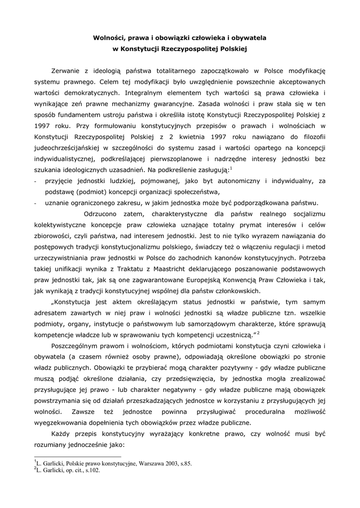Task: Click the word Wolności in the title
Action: pos(110,37)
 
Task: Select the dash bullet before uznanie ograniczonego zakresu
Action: pos(35,203)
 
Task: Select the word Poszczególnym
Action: pos(78,346)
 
